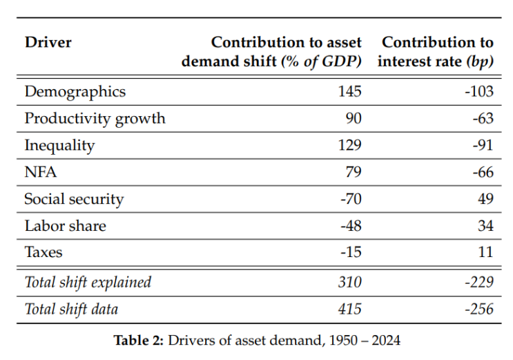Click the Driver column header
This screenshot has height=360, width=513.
click(48, 43)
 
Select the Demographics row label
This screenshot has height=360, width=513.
click(75, 92)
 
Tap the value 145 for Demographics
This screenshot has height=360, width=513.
click(350, 91)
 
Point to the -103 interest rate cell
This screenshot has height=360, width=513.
click(479, 91)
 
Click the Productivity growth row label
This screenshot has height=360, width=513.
click(95, 119)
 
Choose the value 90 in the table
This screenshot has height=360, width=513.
click(354, 118)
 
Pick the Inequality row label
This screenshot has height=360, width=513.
click(59, 146)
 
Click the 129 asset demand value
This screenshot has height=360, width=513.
click(350, 145)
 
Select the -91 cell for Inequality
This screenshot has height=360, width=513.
click(483, 145)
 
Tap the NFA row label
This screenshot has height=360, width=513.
click(41, 172)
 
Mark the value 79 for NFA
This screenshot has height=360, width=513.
click(354, 172)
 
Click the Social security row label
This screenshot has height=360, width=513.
click(75, 200)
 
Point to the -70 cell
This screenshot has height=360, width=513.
click(351, 199)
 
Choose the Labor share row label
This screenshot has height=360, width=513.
click(66, 226)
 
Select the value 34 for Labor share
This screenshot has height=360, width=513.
click(485, 226)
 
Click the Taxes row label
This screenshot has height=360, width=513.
click(43, 252)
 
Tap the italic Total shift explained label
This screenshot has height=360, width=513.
click(88, 283)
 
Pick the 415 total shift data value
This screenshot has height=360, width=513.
click(350, 309)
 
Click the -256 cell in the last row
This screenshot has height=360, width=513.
click(479, 309)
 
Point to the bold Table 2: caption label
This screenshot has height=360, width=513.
click(138, 341)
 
